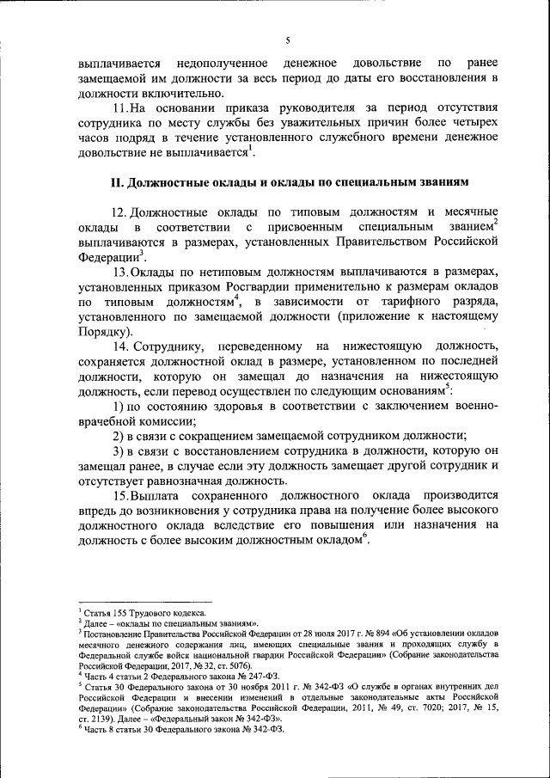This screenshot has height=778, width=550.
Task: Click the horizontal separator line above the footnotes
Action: click(x=144, y=602)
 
